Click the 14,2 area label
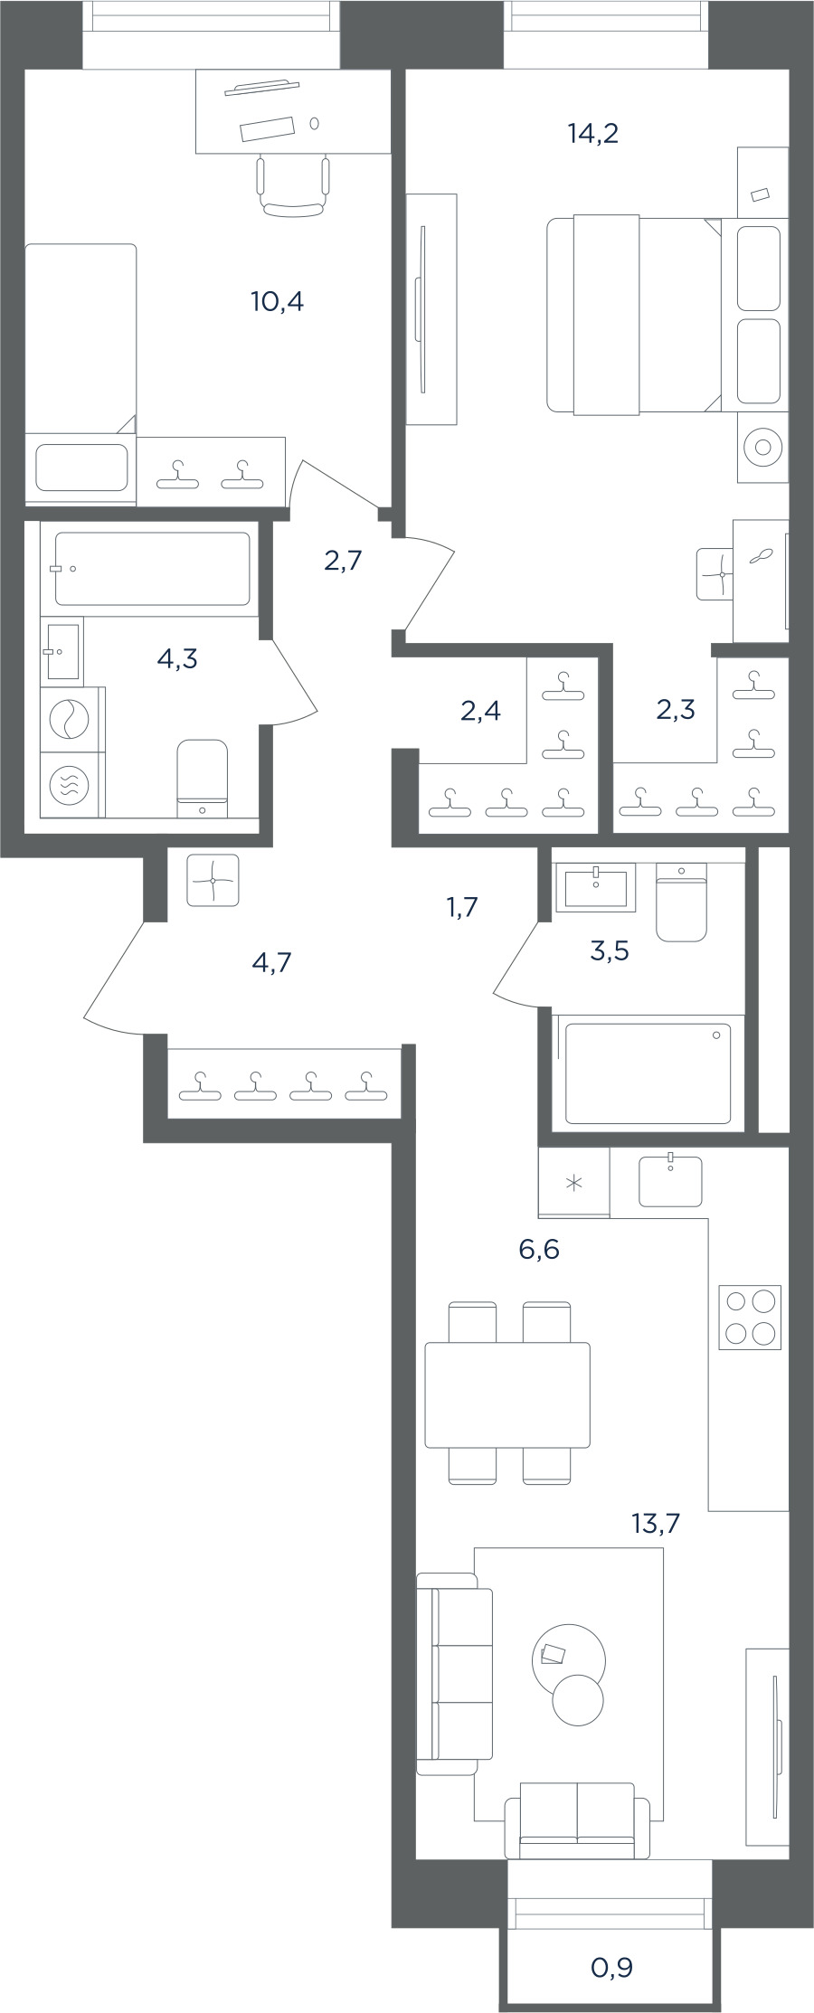(592, 134)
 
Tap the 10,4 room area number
(277, 301)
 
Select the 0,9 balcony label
(611, 1967)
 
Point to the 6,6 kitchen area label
(539, 1250)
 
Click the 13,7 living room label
(656, 1524)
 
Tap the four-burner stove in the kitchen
(750, 1318)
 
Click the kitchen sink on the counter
(670, 1181)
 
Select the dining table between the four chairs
(507, 1394)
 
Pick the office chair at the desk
(292, 186)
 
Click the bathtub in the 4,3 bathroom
(152, 568)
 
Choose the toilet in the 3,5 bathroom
(681, 903)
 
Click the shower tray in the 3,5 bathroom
(648, 1073)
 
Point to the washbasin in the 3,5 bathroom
(596, 887)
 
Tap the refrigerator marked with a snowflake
(573, 1183)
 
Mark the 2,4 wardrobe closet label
(480, 711)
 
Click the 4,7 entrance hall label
(271, 962)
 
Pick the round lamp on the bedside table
(762, 447)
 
